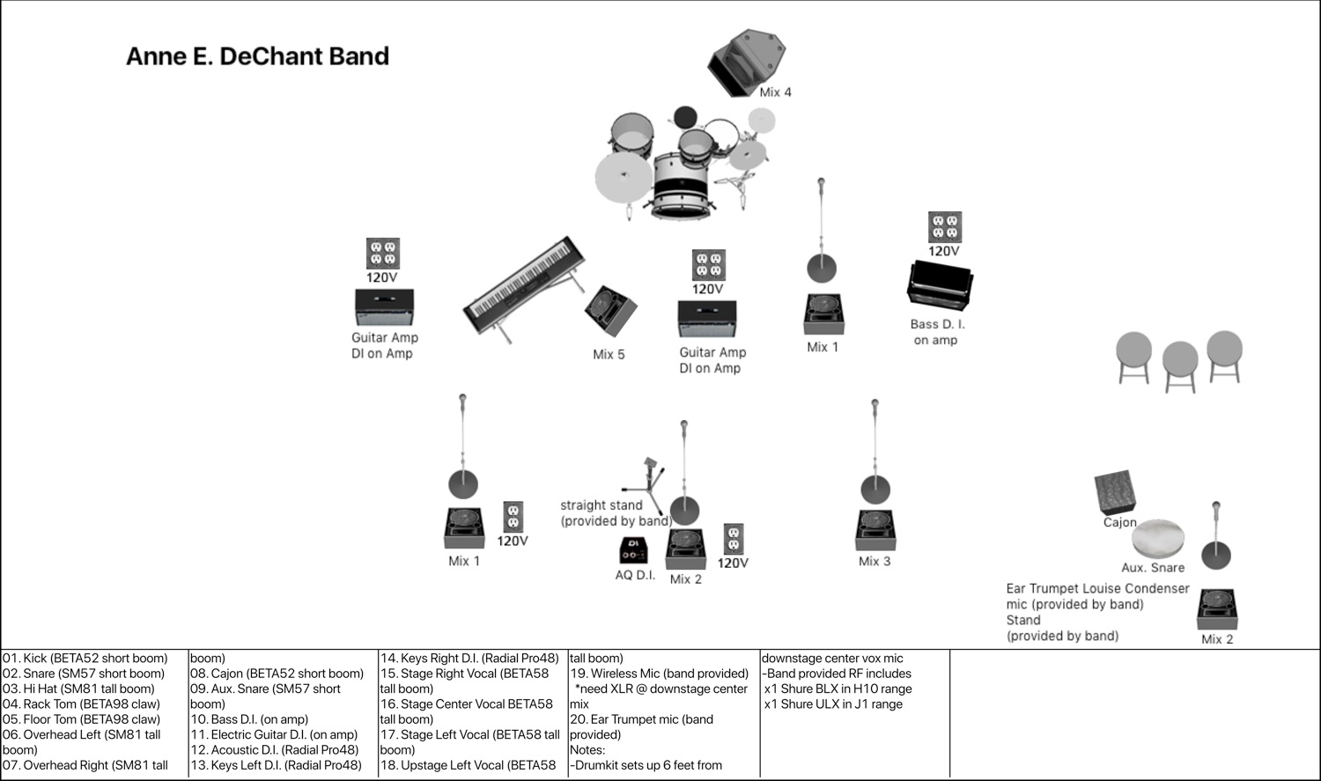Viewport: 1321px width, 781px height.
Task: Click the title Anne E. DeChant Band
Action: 257,56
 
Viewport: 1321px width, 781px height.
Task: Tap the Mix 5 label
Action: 609,354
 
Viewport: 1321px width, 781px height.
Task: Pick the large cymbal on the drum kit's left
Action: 624,176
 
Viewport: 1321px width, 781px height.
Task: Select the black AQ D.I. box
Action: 633,550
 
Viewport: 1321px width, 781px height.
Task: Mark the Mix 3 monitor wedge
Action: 875,529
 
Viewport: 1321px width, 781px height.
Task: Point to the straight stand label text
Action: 615,512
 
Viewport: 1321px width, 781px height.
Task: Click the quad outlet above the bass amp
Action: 944,227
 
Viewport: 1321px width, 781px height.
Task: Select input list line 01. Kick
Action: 85,658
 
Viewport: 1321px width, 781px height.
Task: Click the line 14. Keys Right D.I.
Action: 469,658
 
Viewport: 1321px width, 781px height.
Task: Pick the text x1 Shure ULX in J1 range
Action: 833,704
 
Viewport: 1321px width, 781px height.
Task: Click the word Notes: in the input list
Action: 587,750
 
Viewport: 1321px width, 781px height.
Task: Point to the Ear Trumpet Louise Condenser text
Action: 1097,588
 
